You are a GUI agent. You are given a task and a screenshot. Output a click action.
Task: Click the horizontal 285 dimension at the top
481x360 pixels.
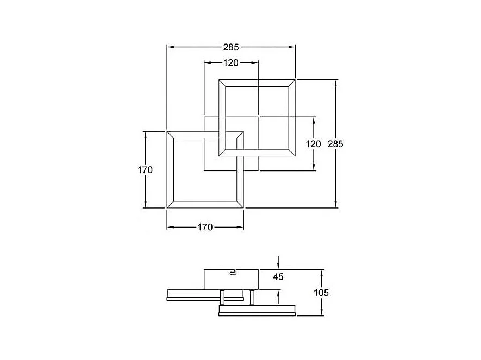pyautogui.click(x=231, y=47)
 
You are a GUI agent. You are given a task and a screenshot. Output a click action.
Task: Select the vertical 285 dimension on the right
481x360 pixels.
pyautogui.click(x=336, y=144)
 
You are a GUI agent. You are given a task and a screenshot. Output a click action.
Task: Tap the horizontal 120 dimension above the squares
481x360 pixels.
pyautogui.click(x=231, y=63)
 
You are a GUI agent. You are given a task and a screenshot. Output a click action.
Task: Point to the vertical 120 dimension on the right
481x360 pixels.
pyautogui.click(x=314, y=144)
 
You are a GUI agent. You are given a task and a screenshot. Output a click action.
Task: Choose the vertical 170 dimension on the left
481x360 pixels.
pyautogui.click(x=145, y=169)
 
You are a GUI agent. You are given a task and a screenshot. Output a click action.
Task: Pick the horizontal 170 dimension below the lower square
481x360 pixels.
pyautogui.click(x=205, y=227)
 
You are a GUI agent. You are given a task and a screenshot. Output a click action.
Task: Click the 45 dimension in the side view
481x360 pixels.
pyautogui.click(x=278, y=277)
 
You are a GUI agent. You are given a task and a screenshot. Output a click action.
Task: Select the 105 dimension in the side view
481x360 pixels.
pyautogui.click(x=321, y=293)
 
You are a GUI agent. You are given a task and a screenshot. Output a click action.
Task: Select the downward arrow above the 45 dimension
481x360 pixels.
pyautogui.click(x=278, y=263)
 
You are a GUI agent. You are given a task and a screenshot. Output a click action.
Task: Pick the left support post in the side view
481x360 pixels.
pyautogui.click(x=223, y=297)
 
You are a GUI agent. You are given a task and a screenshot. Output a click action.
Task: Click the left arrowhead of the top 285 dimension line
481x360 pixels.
pyautogui.click(x=169, y=47)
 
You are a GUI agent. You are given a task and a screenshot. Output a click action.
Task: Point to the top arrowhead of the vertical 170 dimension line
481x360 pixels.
pyautogui.click(x=145, y=134)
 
